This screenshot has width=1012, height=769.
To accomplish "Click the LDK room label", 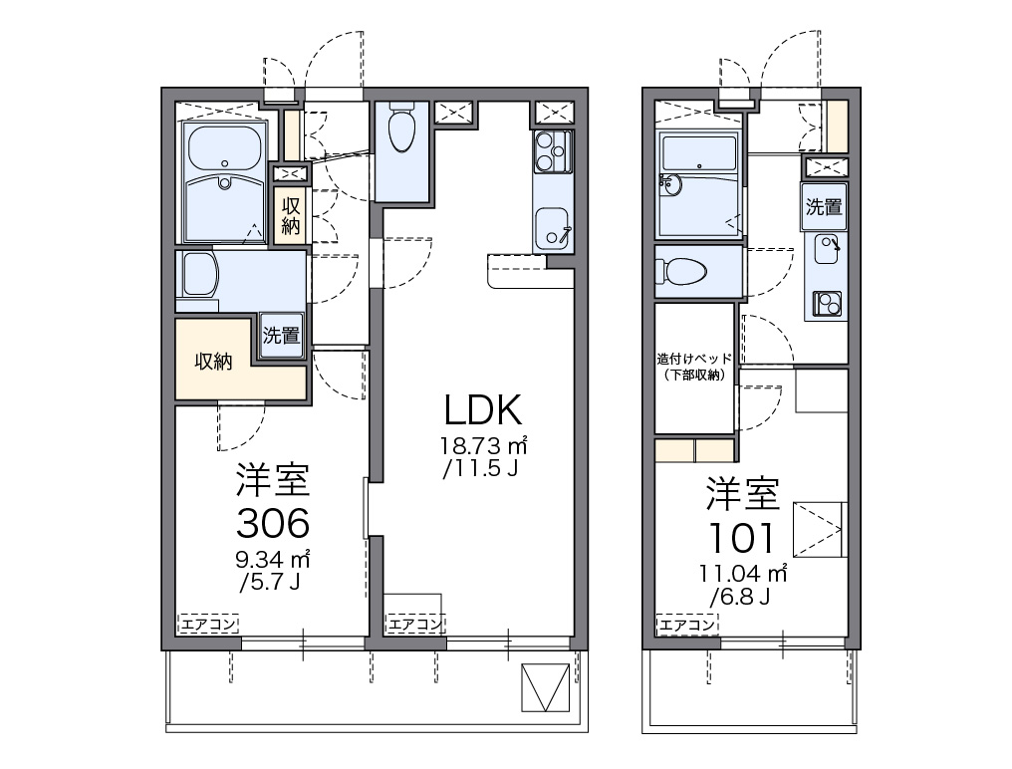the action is point(483,409).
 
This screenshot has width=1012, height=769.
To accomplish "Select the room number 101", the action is point(742,537).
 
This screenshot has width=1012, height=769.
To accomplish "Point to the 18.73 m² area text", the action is point(484,445).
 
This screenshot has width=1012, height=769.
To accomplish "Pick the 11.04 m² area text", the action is point(742,573).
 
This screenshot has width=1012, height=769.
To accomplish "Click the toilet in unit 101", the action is point(680,272).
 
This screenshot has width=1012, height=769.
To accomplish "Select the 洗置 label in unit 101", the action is point(824,206).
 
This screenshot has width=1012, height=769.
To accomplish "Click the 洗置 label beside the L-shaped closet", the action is point(281,335).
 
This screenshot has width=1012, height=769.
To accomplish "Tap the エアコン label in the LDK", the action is point(414,625).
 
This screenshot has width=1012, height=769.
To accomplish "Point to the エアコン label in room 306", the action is point(208,624).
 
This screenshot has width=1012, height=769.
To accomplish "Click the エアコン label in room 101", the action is point(686,625).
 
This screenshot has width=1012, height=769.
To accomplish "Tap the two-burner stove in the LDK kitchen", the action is point(553,151).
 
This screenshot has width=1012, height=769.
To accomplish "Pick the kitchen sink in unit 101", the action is point(827,249).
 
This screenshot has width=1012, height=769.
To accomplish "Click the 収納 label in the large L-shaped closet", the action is point(213,362).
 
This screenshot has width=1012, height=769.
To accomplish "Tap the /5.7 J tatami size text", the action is point(270,583).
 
